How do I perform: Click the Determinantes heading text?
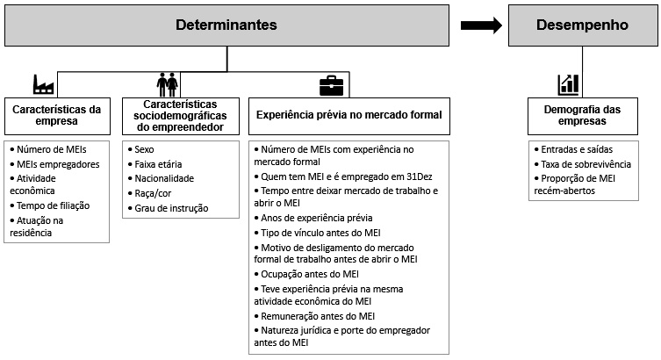(x=226, y=25)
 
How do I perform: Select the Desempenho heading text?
(x=582, y=25)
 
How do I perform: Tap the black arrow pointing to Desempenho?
(x=481, y=25)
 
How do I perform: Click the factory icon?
(x=43, y=84)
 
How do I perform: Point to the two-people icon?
(x=168, y=84)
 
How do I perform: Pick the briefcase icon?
(x=331, y=85)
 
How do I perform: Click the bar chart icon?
(x=568, y=84)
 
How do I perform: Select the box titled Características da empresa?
(x=57, y=117)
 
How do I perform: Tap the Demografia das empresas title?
(x=582, y=115)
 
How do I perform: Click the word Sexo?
(x=144, y=149)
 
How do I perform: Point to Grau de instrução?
(x=171, y=208)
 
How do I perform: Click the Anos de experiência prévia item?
(x=317, y=218)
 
